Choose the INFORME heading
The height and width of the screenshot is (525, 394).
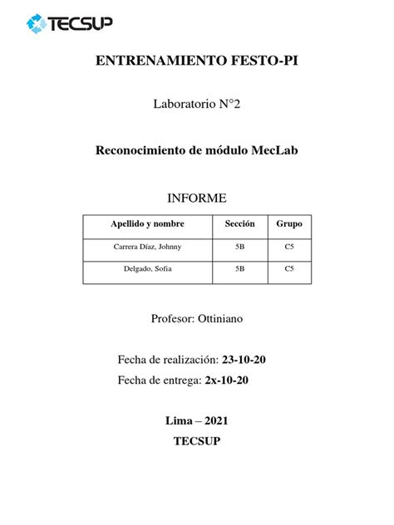tap(197, 197)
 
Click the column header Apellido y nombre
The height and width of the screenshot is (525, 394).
tap(147, 224)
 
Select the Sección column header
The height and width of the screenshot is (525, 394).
tap(239, 224)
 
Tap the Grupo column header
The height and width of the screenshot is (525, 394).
tap(289, 224)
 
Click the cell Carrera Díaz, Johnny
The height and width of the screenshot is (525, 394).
tap(147, 247)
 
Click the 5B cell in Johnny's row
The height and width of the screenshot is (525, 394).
tap(239, 247)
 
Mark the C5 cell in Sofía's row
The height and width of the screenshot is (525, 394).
tap(289, 269)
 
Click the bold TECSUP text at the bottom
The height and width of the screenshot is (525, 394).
tap(197, 441)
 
